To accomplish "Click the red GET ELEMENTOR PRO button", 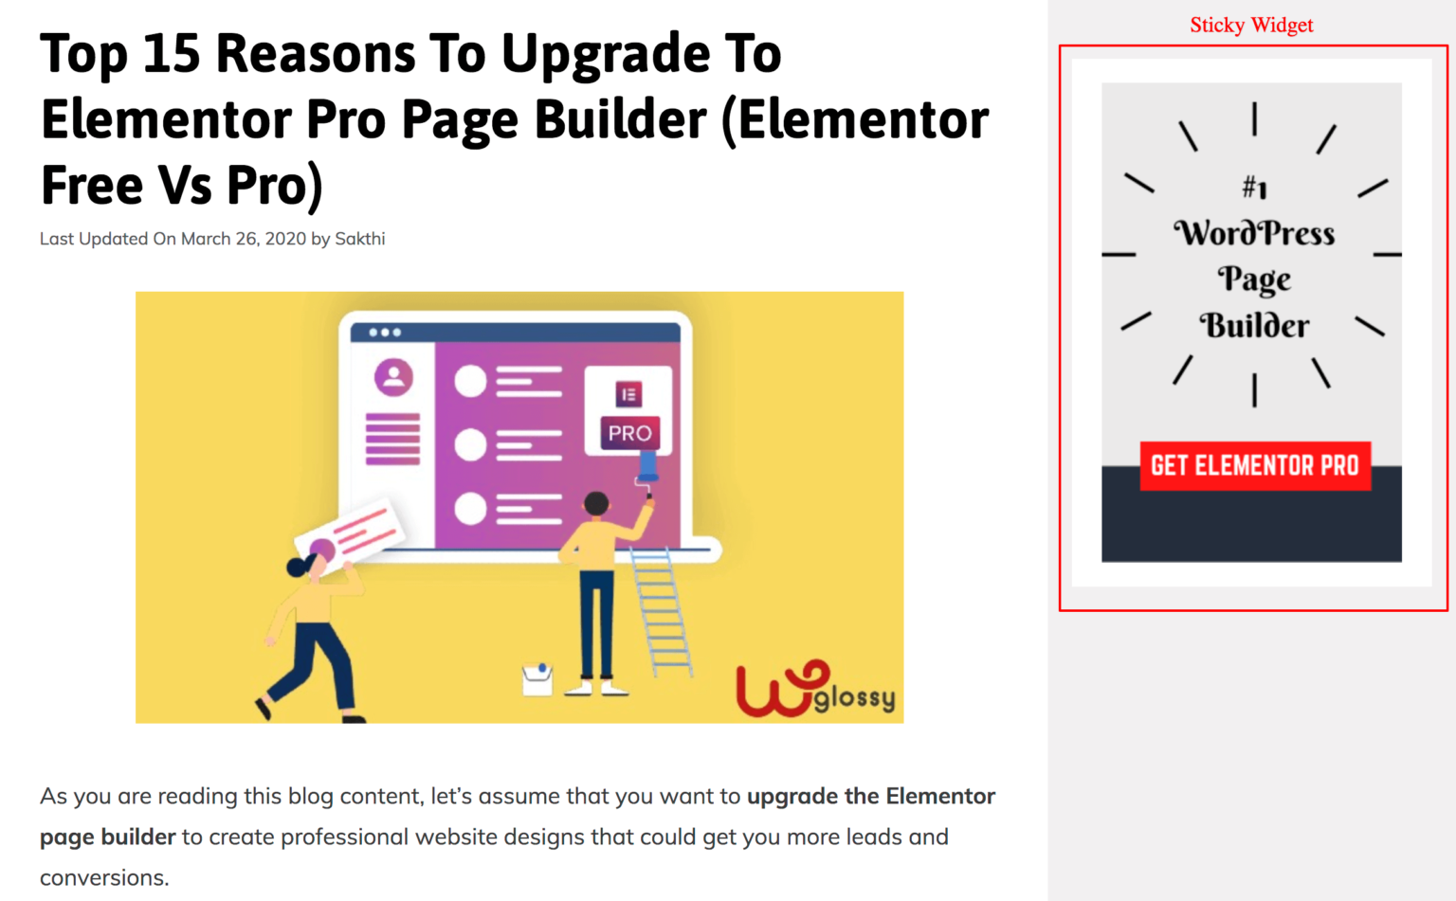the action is (x=1255, y=466).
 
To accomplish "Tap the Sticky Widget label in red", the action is (x=1251, y=25).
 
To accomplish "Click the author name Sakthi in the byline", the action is (x=359, y=239).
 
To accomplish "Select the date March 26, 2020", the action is (x=243, y=239).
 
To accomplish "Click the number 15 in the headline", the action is (x=171, y=53).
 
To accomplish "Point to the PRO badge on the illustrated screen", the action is (x=629, y=433).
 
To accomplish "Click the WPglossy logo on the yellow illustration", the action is (x=816, y=689).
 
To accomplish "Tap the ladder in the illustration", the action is (x=661, y=611).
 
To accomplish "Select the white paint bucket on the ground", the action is (x=537, y=679).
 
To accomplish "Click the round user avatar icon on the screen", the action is (x=393, y=377).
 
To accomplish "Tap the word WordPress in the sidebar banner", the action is (x=1254, y=233).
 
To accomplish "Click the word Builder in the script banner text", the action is (x=1254, y=326).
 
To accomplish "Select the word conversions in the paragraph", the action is (x=104, y=877).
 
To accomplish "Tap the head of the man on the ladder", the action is (x=596, y=503).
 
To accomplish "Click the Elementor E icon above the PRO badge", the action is (x=628, y=394).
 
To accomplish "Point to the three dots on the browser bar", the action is (x=385, y=333).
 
